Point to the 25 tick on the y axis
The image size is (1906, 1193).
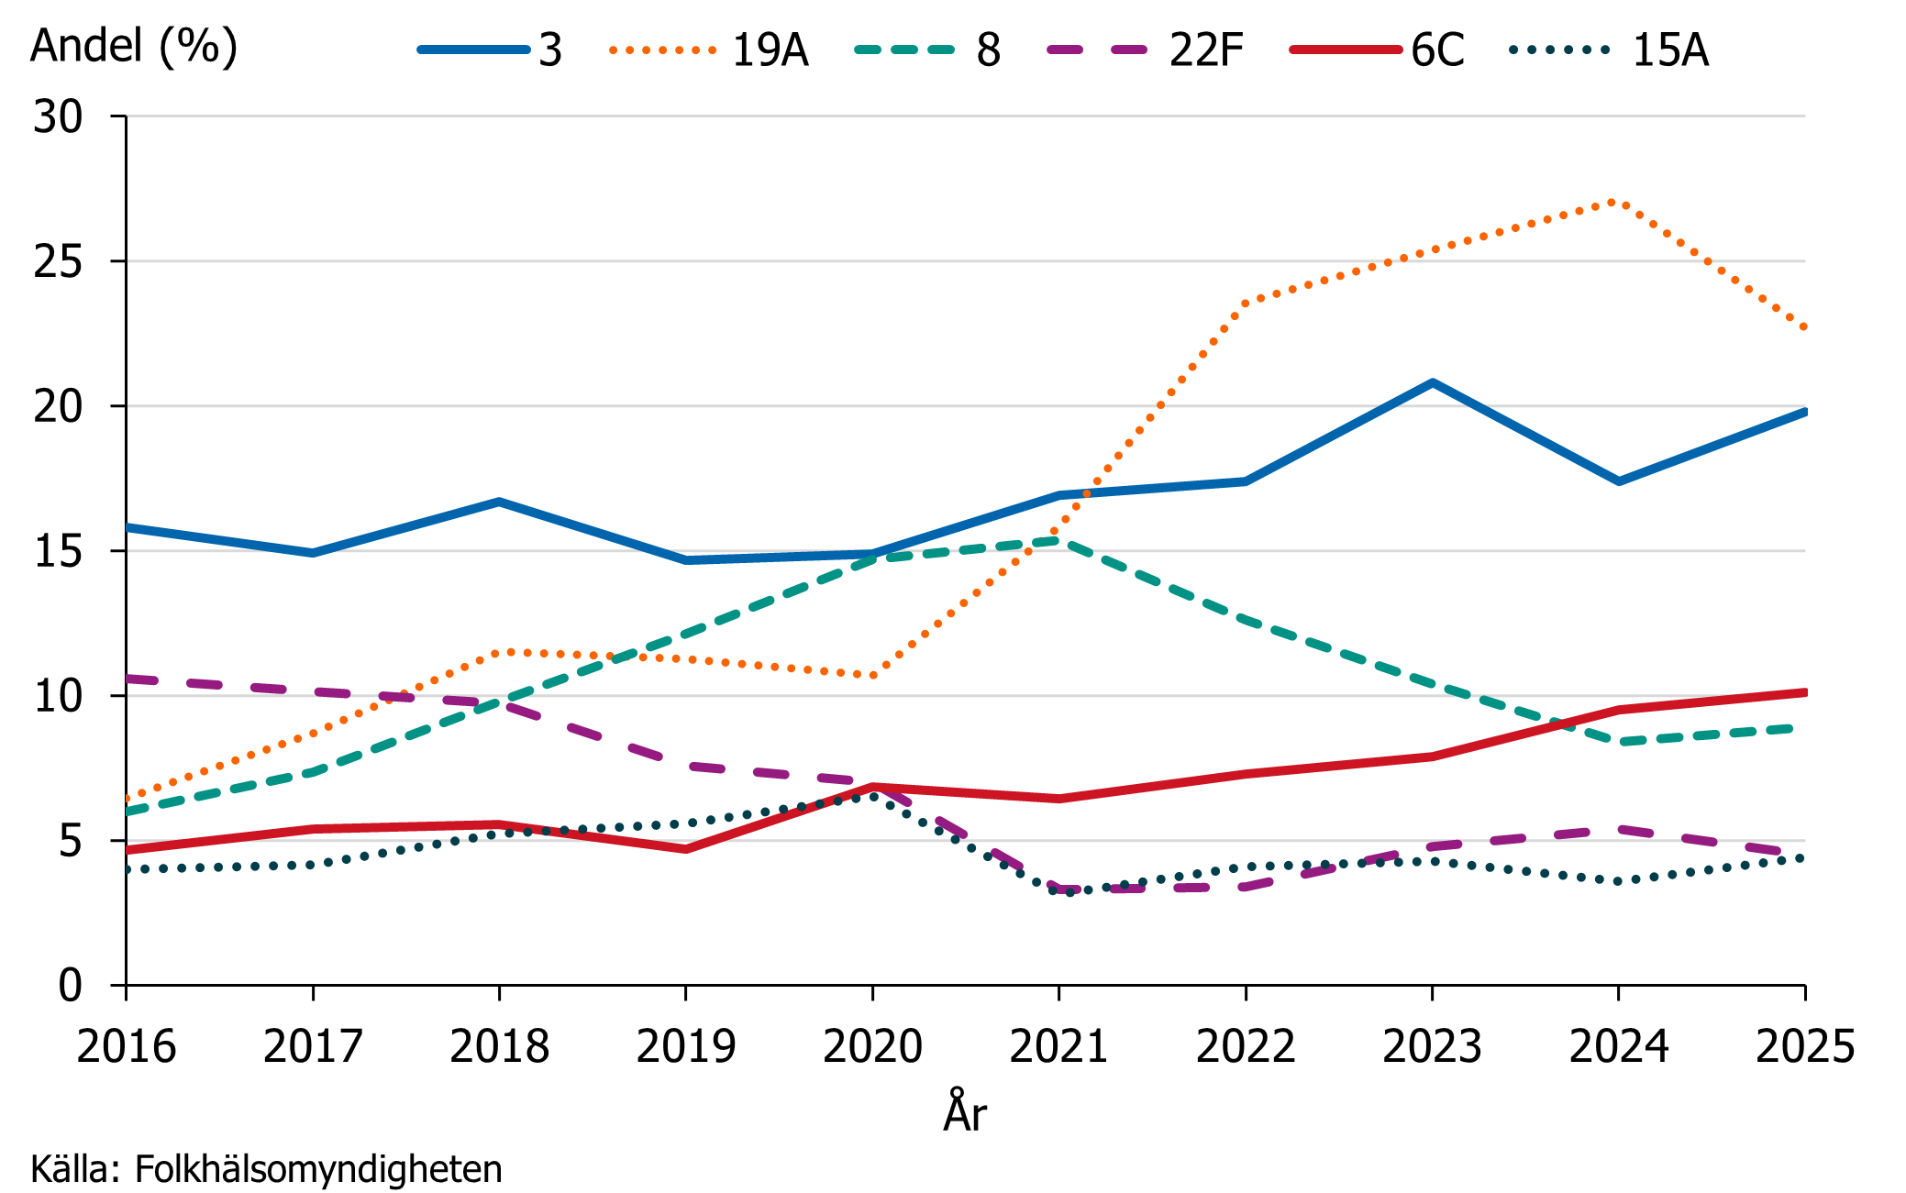point(58,262)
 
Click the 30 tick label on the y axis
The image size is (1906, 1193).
point(58,117)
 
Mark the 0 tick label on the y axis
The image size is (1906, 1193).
point(70,987)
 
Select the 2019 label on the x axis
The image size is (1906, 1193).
point(685,1046)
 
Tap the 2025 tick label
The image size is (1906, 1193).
point(1804,1046)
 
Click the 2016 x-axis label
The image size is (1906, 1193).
point(127,1046)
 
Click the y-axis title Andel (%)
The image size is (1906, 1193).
point(134,46)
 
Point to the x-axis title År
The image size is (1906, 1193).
point(965,1112)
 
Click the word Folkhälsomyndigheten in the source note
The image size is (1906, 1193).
point(318,1169)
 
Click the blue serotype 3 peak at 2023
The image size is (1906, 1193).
point(1432,382)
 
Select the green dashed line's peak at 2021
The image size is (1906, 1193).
point(1058,540)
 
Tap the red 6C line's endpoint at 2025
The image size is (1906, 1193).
point(1803,692)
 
